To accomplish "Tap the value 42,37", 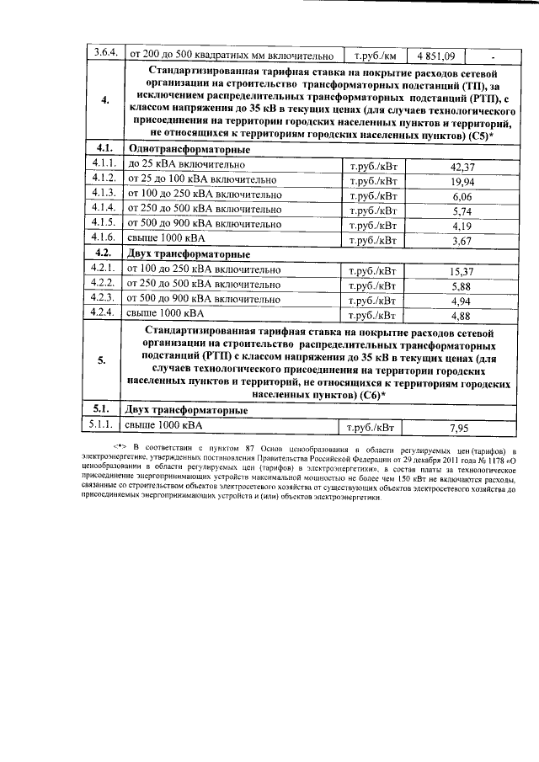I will tap(462, 168).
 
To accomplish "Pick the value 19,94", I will tap(462, 182).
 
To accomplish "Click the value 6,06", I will tap(462, 197).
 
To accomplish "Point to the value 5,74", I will tap(462, 211).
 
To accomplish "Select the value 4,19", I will tap(462, 226).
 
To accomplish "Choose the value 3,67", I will tap(462, 241).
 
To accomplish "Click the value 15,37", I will tap(462, 271).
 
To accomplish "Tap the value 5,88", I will tap(462, 285).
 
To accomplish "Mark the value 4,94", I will tap(462, 301).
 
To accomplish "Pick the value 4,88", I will tap(462, 316).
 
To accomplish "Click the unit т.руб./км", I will tap(374, 56).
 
